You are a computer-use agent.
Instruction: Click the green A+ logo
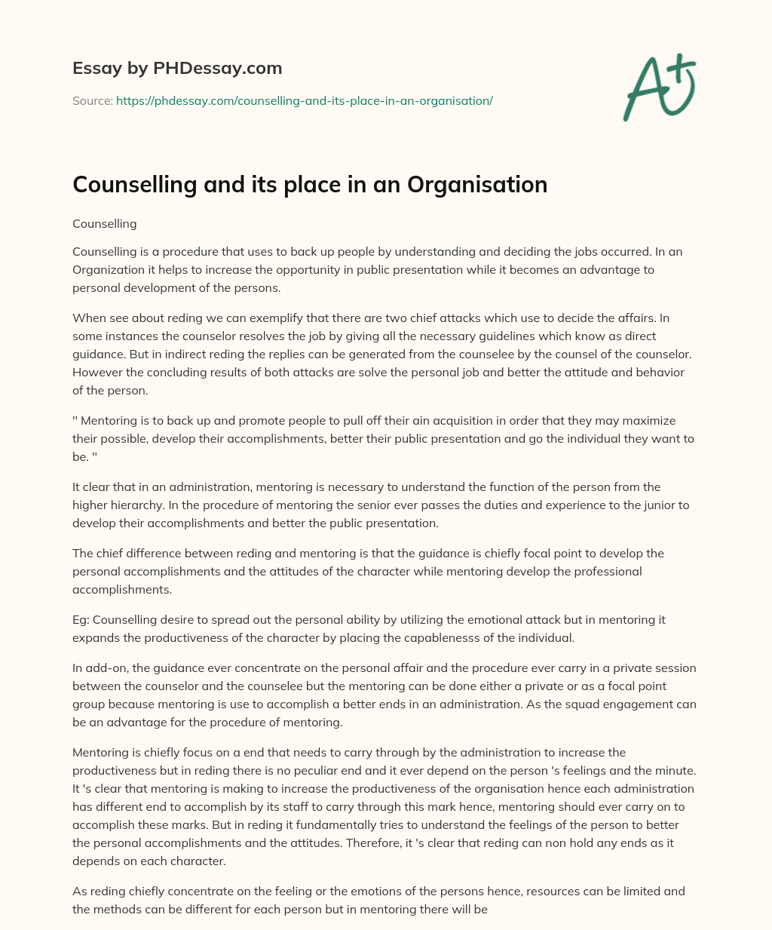[x=659, y=88]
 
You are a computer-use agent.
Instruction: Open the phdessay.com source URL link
[x=304, y=100]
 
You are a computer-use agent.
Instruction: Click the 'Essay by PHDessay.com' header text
[x=177, y=68]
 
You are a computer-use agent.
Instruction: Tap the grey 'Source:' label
[x=92, y=100]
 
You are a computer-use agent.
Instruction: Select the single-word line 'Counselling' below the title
[x=104, y=224]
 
